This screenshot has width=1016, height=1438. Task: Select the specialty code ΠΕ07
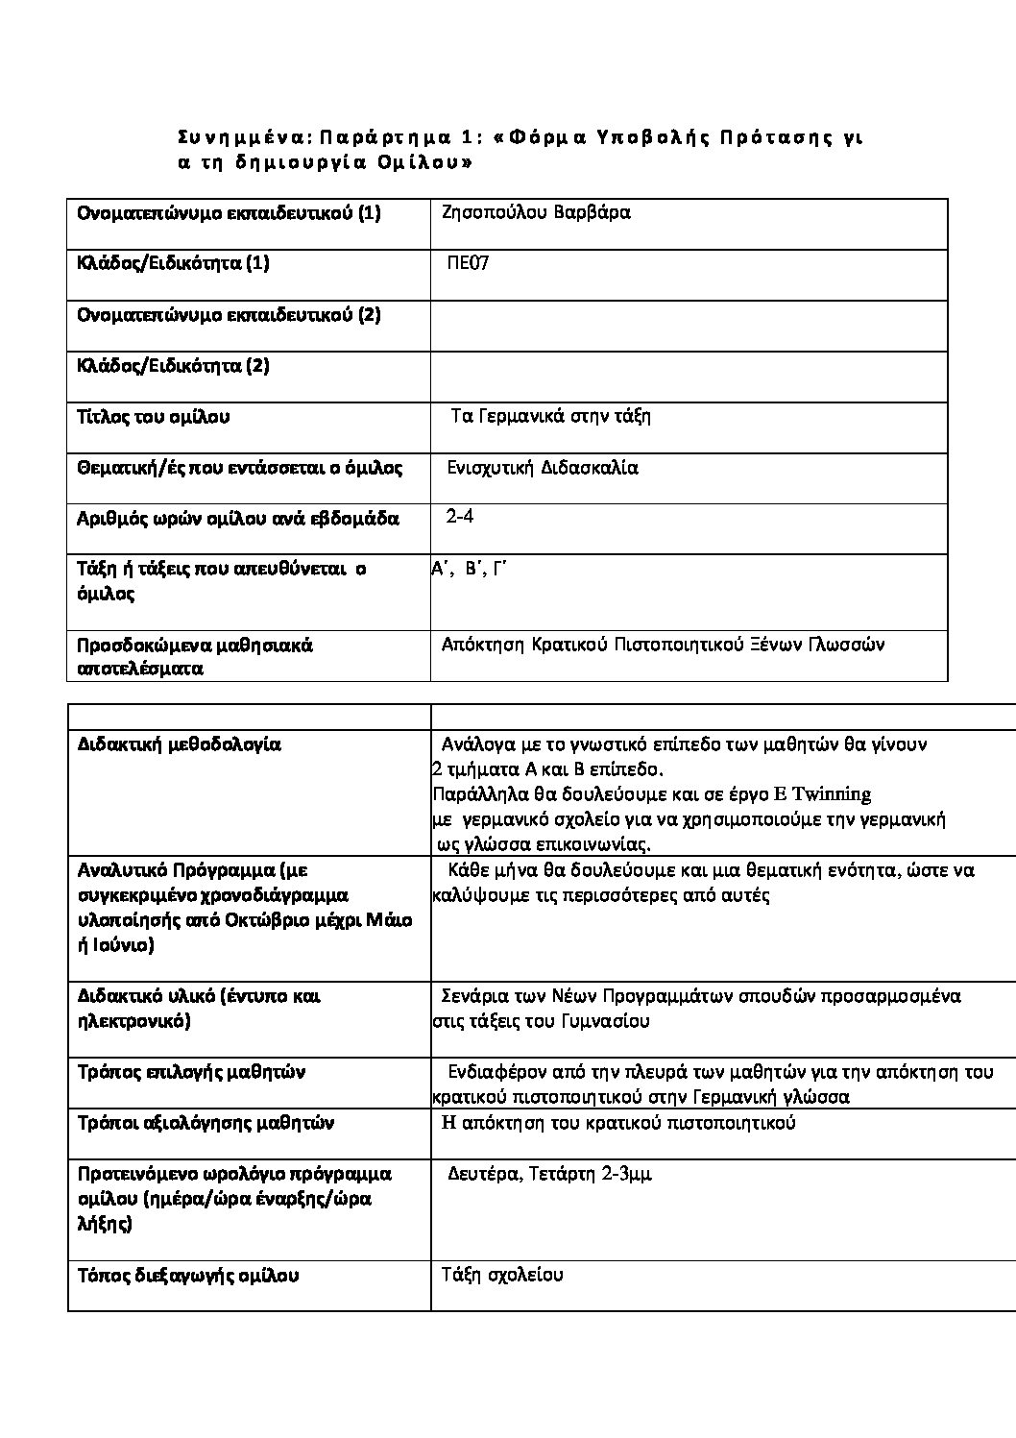click(x=469, y=263)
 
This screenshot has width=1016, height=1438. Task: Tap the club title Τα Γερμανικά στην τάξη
click(x=550, y=416)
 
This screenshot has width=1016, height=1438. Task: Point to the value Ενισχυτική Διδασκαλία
click(x=543, y=468)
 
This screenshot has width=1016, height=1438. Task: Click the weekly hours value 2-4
click(x=460, y=517)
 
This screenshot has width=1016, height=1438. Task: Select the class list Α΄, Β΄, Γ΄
click(x=469, y=569)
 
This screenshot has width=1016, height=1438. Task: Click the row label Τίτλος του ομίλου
click(x=154, y=417)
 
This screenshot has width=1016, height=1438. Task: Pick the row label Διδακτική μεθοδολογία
click(x=179, y=744)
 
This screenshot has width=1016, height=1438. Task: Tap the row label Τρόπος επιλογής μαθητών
click(x=191, y=1072)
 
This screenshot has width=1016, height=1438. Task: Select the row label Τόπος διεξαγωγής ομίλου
click(x=188, y=1276)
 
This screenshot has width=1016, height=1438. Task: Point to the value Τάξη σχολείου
click(x=502, y=1275)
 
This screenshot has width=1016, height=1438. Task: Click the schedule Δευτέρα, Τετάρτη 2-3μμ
click(x=550, y=1174)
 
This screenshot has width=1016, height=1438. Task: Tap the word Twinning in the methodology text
click(x=832, y=794)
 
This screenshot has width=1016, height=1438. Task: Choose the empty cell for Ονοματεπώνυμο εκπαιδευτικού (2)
click(x=689, y=326)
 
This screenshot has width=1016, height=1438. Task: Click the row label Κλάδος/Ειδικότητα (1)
click(x=173, y=263)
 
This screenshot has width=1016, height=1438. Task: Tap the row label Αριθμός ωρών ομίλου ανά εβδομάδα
click(x=237, y=519)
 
